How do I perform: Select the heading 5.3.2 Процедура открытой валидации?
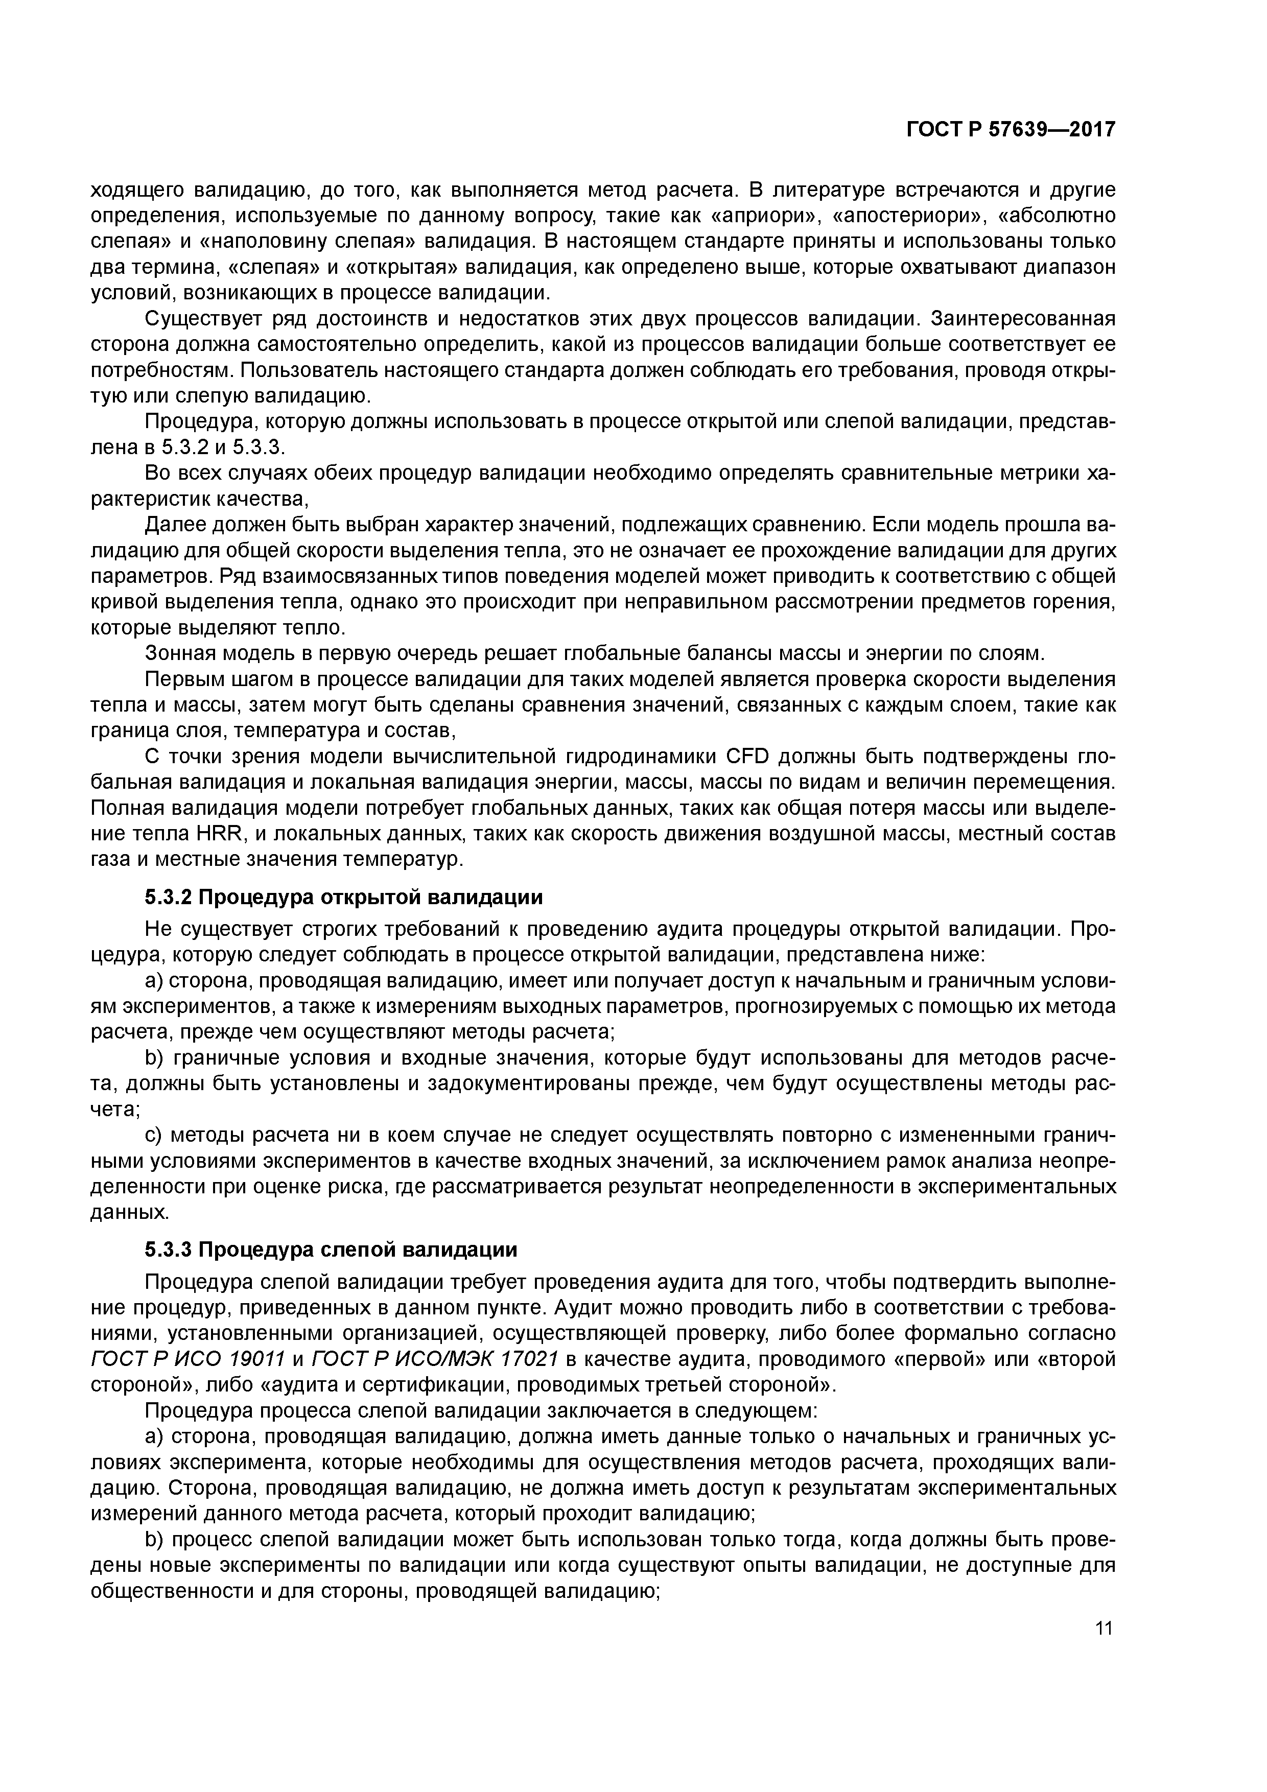pos(343,898)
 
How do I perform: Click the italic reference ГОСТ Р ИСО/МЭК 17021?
pos(435,1359)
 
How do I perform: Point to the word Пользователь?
pos(290,370)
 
